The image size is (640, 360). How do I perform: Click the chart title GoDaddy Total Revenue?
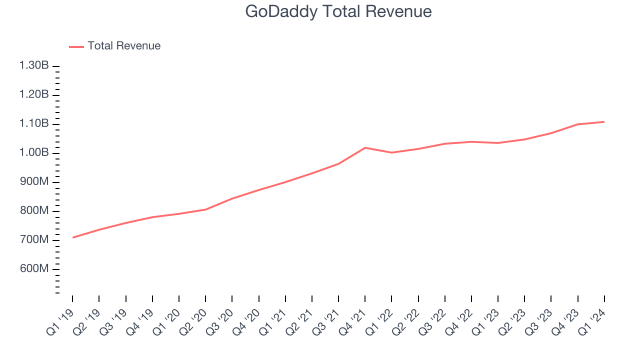pos(338,11)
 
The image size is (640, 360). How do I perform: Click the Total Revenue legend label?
pos(124,46)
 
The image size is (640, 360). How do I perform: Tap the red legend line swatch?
pos(76,46)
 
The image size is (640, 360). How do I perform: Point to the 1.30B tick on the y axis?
pos(34,66)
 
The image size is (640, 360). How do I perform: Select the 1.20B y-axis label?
pos(34,95)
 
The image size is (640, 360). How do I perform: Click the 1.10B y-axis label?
pos(34,124)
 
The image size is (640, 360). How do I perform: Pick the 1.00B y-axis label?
pos(34,153)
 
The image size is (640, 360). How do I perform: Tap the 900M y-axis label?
pos(34,182)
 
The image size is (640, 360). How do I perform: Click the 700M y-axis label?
pos(34,240)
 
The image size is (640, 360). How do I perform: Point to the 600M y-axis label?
pos(34,269)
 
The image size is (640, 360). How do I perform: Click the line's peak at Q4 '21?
pos(365,147)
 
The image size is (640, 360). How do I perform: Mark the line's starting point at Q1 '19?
pos(72,237)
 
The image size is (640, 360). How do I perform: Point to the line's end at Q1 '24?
pos(604,121)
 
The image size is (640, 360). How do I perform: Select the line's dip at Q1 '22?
pos(391,152)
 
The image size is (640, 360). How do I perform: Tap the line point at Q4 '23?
pos(577,124)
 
